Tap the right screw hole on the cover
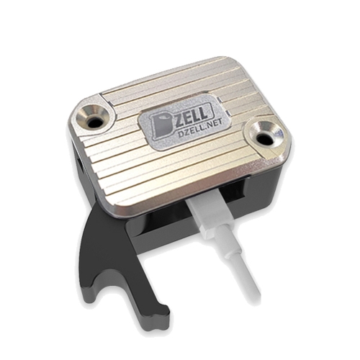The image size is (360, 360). pos(264,138)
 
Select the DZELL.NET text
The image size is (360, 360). pos(200,129)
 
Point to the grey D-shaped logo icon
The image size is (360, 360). pos(161,126)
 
